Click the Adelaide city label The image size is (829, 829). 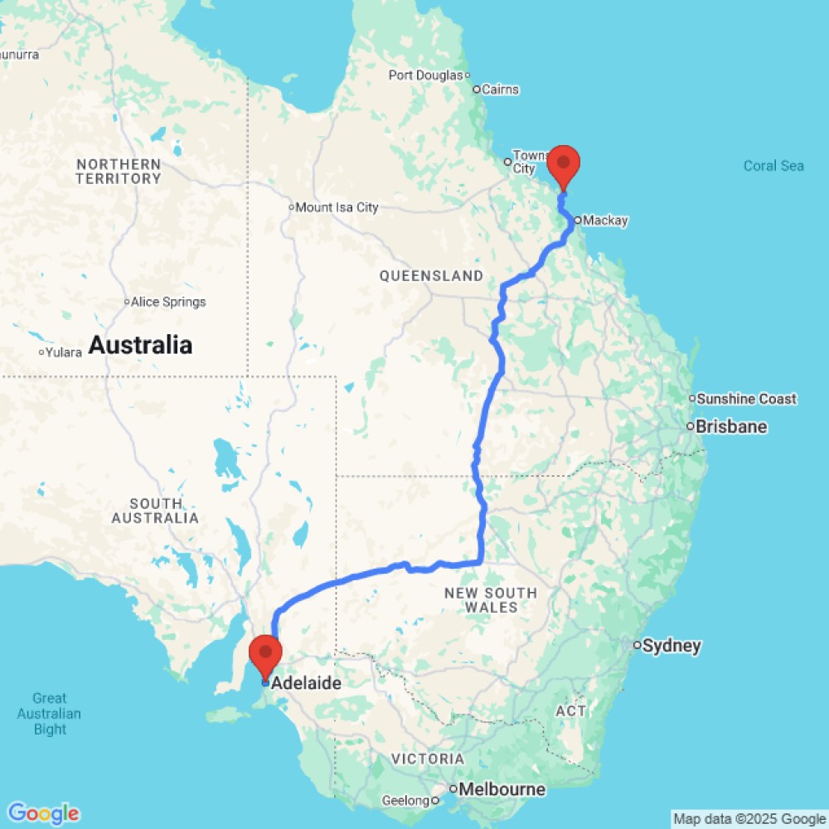(x=307, y=684)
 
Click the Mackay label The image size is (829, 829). (x=605, y=221)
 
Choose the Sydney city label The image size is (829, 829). (x=673, y=646)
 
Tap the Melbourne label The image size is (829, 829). (x=505, y=790)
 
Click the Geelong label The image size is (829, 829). (x=406, y=801)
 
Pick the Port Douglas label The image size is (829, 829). (x=425, y=75)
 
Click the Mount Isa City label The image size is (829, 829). (x=337, y=207)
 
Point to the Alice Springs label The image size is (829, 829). (x=168, y=302)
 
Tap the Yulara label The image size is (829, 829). (x=64, y=352)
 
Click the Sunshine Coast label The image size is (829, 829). (x=746, y=399)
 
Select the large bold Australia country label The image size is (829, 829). (x=140, y=345)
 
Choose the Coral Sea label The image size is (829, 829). (x=773, y=166)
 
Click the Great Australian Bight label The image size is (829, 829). (x=50, y=714)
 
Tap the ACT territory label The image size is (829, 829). (x=571, y=711)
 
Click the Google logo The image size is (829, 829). (x=42, y=813)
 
